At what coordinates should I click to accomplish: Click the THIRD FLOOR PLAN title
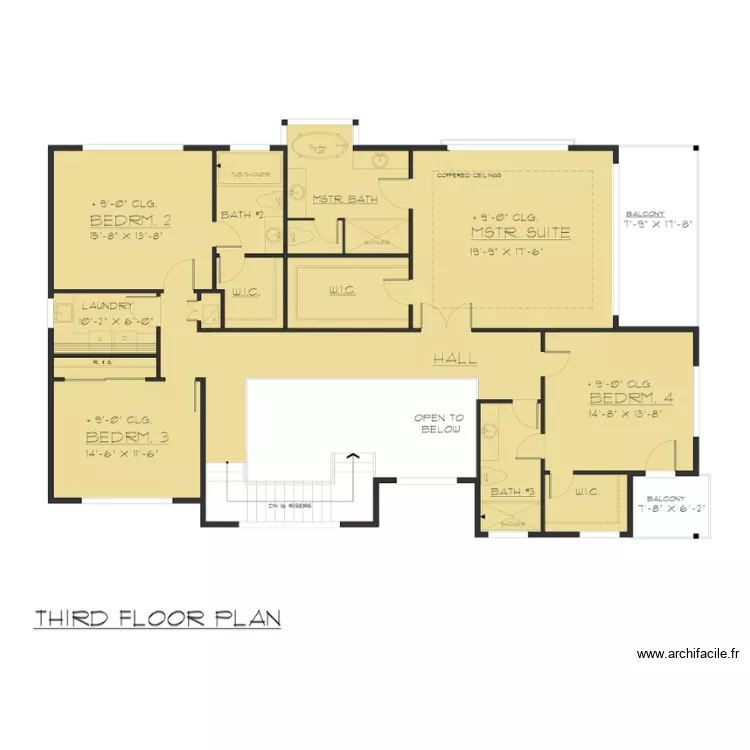coord(157,618)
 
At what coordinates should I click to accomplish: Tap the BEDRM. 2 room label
coord(130,221)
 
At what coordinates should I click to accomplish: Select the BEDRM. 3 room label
coord(126,437)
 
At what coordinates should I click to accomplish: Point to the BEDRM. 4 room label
coord(631,398)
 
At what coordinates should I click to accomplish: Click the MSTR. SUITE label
coord(520,233)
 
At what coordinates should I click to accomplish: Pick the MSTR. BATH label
coord(345,200)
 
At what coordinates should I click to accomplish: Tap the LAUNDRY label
coord(107,306)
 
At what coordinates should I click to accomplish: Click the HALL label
coord(454,359)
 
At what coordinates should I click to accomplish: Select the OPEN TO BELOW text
coord(440,424)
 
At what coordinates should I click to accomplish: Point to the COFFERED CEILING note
coord(469,176)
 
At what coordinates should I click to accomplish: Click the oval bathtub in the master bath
coord(319,148)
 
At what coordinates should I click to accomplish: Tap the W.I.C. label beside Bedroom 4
coord(587,491)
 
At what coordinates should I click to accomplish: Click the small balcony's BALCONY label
coord(666,498)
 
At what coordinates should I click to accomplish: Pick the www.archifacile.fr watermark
coord(687,654)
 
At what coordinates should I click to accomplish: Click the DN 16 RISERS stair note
coord(290,506)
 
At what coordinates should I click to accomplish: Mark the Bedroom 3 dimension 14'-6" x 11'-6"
coord(123,453)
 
